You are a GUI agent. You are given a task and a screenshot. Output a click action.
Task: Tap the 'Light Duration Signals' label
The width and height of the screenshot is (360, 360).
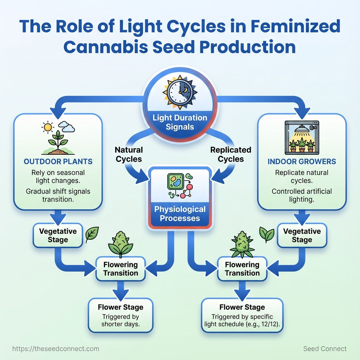click(180, 122)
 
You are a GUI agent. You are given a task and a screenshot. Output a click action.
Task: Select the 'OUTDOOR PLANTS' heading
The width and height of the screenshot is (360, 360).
click(58, 162)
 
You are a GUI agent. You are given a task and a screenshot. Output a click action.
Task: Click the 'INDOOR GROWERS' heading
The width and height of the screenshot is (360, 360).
click(302, 162)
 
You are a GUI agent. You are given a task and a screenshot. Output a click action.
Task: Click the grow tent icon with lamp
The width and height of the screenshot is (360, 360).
click(302, 137)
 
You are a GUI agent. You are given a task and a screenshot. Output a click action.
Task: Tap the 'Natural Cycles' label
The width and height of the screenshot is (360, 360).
click(129, 154)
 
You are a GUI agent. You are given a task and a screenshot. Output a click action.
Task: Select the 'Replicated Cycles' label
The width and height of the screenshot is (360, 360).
click(231, 154)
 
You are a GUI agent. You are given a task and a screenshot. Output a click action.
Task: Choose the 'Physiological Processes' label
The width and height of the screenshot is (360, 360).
click(180, 214)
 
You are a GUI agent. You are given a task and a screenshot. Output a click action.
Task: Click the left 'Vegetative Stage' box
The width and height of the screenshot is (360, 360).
click(58, 236)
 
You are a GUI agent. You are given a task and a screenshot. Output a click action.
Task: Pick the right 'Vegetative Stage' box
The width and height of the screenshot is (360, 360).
click(302, 236)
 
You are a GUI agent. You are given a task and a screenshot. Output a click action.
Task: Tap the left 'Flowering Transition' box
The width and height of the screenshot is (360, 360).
click(121, 269)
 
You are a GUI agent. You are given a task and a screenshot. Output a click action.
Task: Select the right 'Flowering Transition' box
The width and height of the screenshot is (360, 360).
click(242, 269)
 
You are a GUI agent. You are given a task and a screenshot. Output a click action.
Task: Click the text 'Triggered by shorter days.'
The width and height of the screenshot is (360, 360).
click(121, 320)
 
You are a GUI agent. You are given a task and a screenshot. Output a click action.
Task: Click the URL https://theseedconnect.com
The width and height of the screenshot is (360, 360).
click(56, 349)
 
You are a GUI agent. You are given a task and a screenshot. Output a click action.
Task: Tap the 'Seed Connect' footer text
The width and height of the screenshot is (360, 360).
click(325, 349)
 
